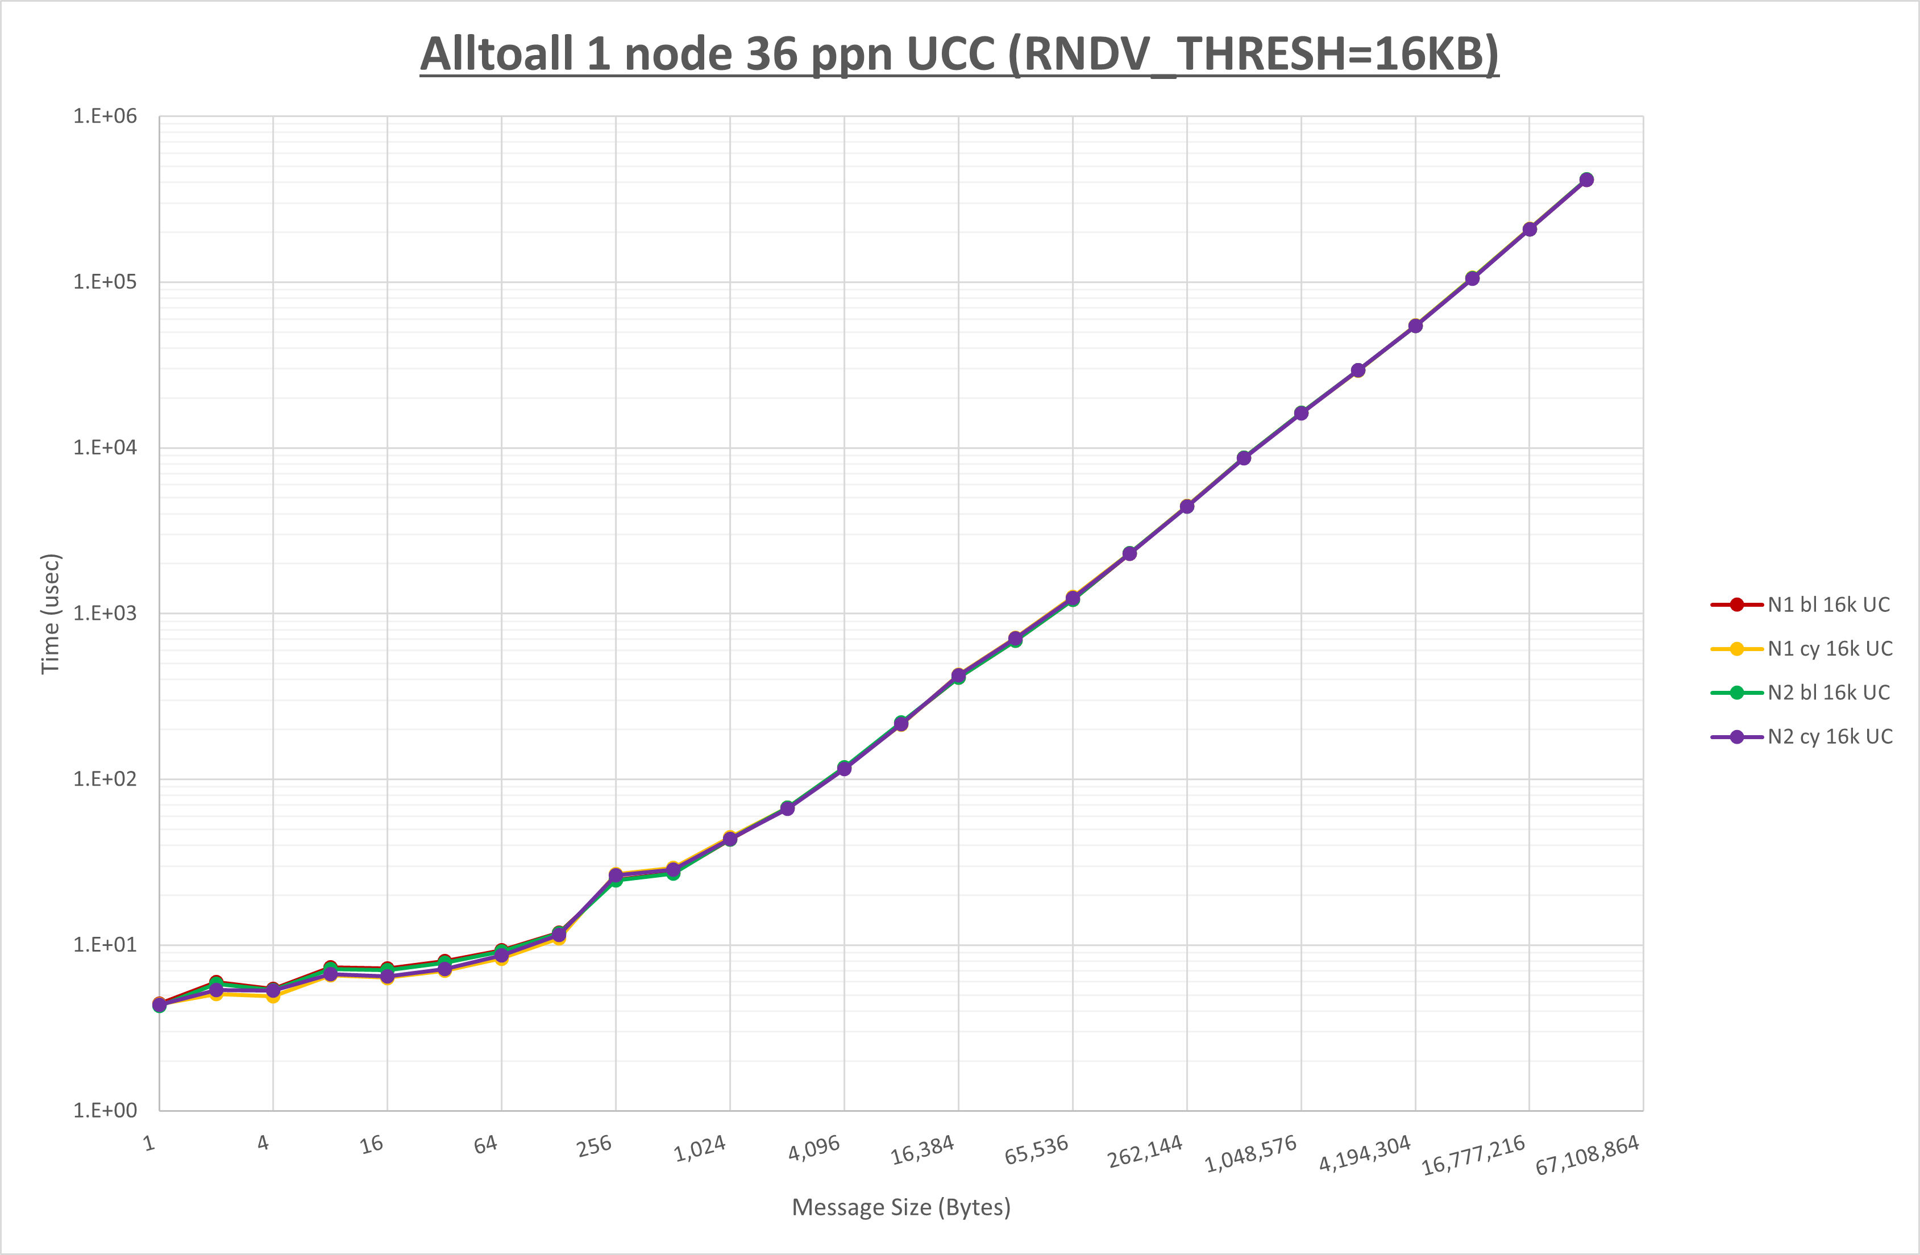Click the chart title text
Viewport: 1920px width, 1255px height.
pos(959,55)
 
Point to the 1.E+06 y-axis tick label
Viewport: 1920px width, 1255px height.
pos(106,116)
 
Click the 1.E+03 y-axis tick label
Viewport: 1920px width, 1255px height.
pos(106,613)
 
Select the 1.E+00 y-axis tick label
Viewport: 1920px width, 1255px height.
pos(106,1111)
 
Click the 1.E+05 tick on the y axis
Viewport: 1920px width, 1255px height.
pos(106,281)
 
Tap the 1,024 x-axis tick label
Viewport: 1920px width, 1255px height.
pos(700,1149)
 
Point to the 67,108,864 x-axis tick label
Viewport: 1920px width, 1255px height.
pos(1587,1155)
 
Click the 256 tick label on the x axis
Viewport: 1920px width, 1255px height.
pos(595,1146)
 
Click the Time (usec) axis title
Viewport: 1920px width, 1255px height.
pos(50,613)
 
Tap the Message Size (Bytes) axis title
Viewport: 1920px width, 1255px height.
pos(901,1207)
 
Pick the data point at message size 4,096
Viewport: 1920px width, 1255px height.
pos(844,769)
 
